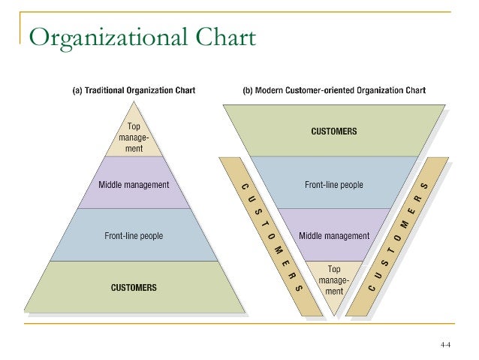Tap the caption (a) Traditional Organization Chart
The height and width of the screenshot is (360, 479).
tap(134, 91)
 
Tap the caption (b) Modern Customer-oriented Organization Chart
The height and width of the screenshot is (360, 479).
tap(334, 91)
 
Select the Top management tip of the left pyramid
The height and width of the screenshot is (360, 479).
tap(134, 138)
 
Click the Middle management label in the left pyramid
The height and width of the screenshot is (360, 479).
tap(134, 184)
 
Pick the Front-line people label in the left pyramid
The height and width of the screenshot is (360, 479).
tap(134, 236)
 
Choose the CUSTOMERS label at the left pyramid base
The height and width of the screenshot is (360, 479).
tap(134, 287)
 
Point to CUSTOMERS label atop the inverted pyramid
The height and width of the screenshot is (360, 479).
tap(334, 132)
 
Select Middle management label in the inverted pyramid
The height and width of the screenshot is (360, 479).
tap(334, 235)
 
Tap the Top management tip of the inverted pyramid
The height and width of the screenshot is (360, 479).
tap(334, 279)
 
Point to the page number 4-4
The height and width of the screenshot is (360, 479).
tap(445, 345)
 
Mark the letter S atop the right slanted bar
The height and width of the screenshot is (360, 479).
tap(426, 186)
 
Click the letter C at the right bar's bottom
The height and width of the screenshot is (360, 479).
tap(371, 287)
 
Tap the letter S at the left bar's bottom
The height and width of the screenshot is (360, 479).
tap(299, 287)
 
